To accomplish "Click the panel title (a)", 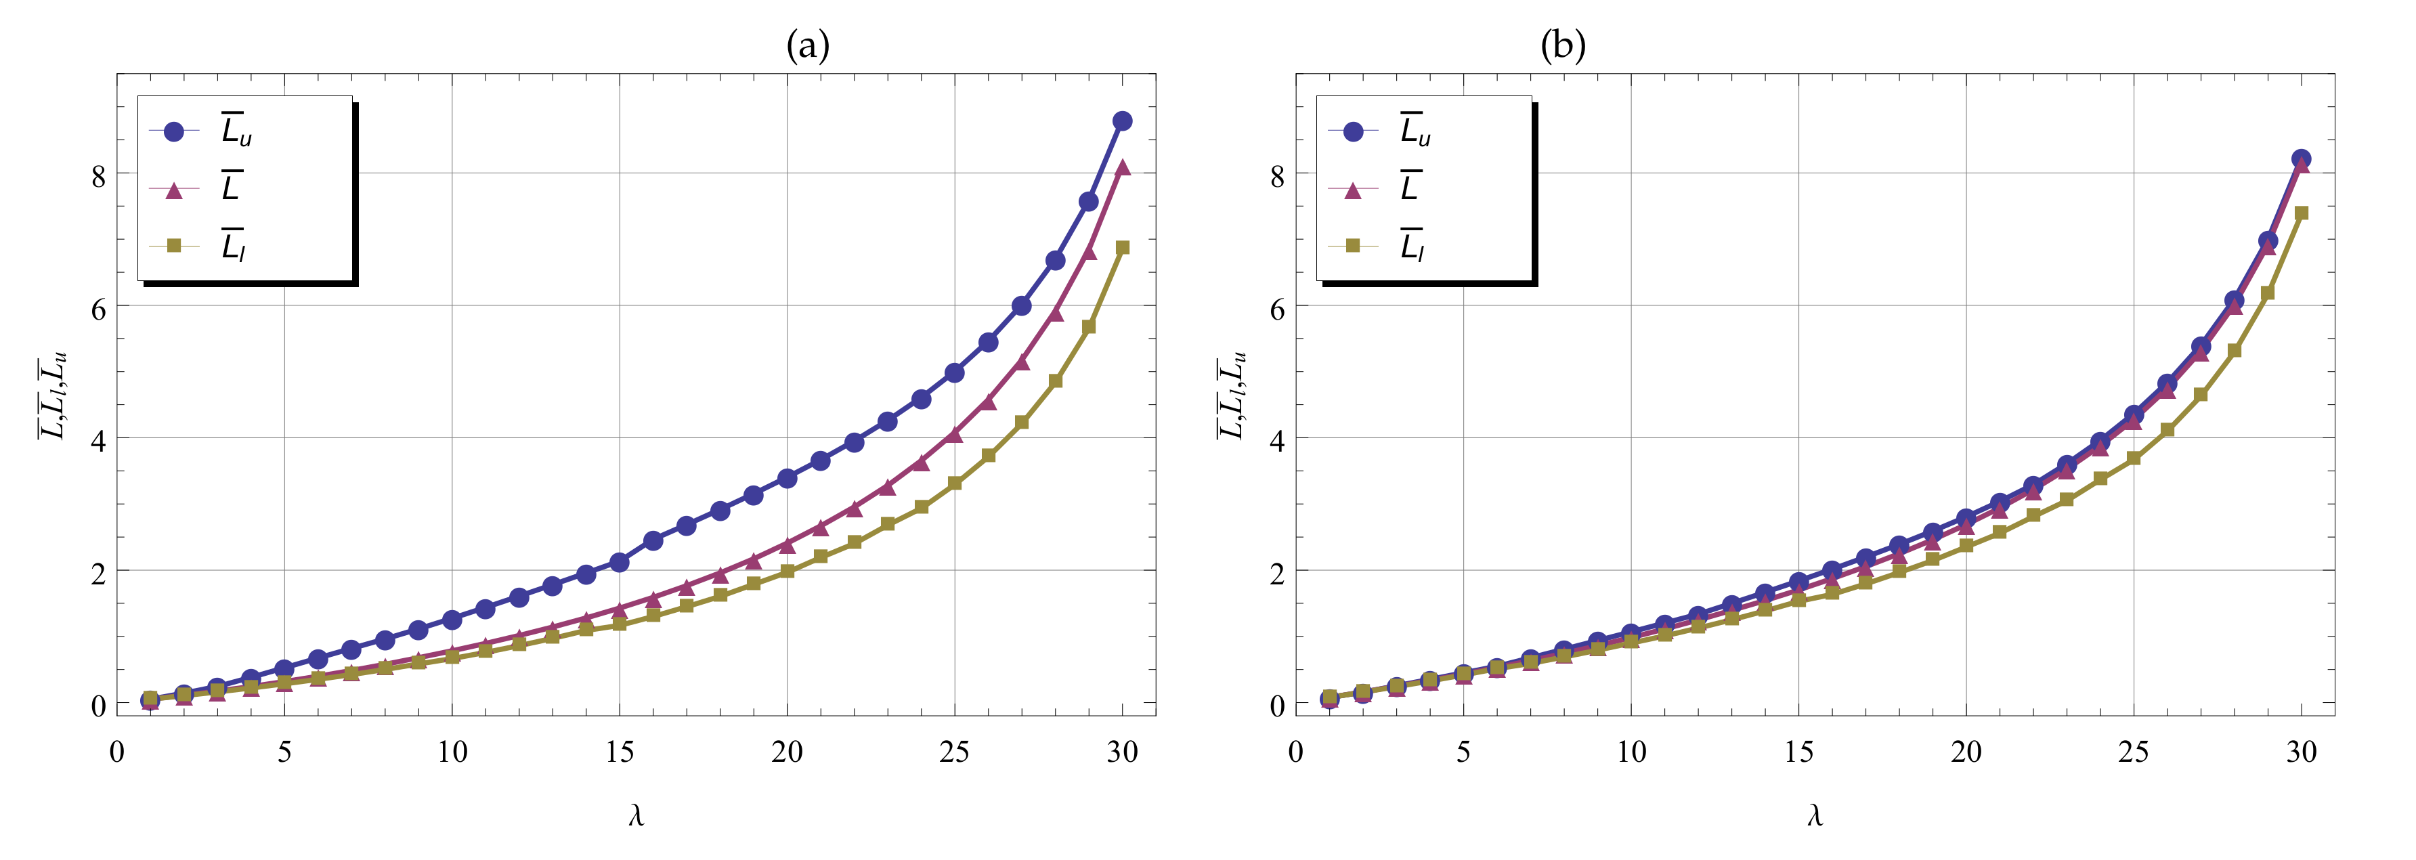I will point(808,45).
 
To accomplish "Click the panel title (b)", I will point(1563,45).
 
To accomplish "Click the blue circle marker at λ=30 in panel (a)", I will point(1122,121).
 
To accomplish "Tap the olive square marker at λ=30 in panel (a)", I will point(1123,248).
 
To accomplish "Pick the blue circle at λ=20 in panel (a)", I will point(787,478).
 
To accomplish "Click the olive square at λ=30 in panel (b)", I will point(2301,213).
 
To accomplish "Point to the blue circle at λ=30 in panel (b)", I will point(2301,159).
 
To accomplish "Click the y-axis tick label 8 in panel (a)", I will point(98,175).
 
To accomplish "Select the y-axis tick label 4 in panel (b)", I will point(1276,440).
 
